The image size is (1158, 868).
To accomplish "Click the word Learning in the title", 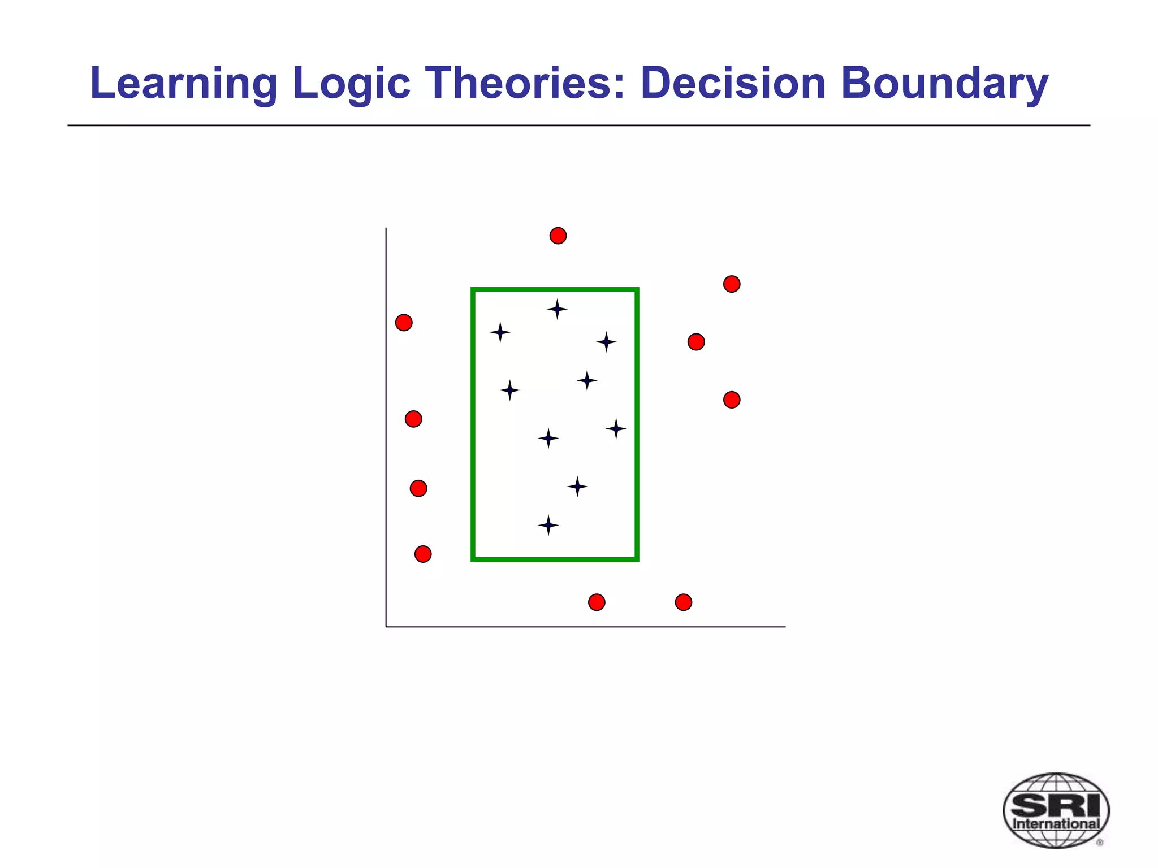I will pos(183,84).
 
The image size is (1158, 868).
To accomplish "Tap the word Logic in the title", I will pos(351,84).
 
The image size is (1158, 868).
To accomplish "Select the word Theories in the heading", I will pos(525,84).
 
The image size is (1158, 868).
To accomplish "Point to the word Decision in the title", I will pos(733,84).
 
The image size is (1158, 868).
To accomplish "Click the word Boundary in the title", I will pos(944,84).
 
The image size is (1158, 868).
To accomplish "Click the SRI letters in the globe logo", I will pos(1056,805).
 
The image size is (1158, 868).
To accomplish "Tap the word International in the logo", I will pos(1056,823).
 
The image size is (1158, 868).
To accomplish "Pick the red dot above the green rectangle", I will pos(558,236).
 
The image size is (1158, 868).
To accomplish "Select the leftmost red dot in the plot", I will pos(404,323).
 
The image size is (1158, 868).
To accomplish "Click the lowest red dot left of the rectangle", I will pos(423,554).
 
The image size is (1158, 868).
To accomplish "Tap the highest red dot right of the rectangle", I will pos(732,284).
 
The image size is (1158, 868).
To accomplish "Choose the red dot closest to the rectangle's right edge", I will pos(696,342).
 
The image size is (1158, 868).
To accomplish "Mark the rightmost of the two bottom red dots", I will pos(684,602).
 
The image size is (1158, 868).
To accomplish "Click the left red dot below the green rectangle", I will pos(597,602).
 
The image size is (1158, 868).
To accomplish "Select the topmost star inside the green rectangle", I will pos(557,309).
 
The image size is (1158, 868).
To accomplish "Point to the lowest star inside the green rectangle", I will pos(548,526).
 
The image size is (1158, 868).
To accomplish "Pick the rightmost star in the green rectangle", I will pos(616,429).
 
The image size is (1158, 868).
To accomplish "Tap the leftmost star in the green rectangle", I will pos(500,332).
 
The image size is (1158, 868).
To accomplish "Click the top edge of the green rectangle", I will pos(555,290).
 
